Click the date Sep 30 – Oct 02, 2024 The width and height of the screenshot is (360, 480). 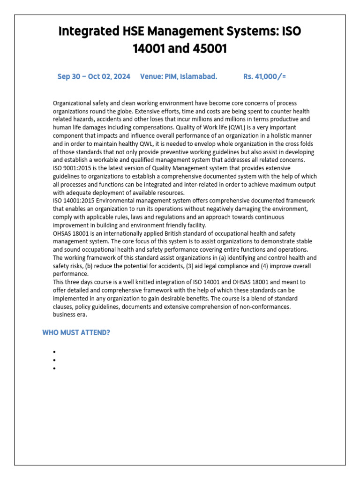click(94, 76)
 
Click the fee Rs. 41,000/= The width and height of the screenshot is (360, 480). click(264, 76)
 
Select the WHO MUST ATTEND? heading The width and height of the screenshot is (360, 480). click(76, 333)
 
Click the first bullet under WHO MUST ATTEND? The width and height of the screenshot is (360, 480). click(54, 352)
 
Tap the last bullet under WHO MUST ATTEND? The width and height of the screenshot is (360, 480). click(54, 368)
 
